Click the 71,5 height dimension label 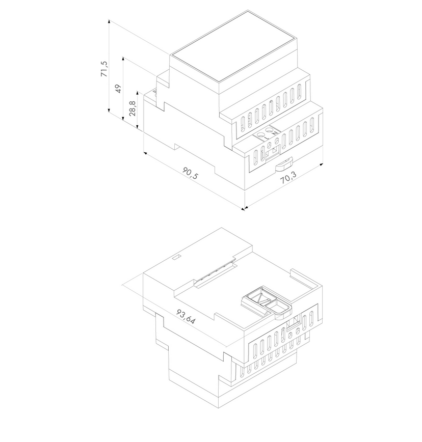tap(104, 69)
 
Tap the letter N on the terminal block tap(276, 133)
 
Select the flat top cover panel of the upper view tap(232, 51)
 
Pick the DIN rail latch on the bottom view tap(268, 303)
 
